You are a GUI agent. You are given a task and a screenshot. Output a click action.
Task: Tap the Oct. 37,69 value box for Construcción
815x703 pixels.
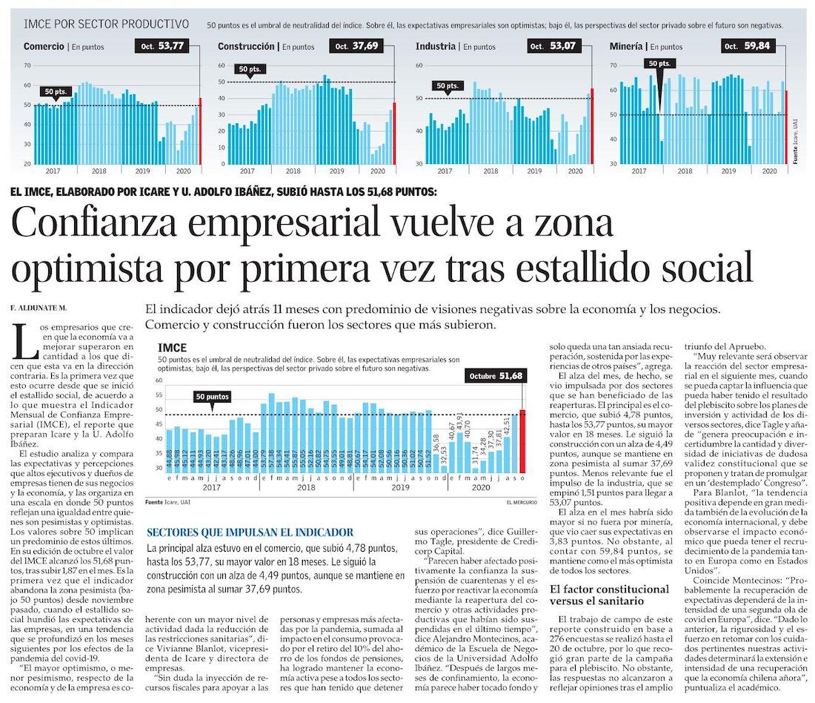click(x=358, y=46)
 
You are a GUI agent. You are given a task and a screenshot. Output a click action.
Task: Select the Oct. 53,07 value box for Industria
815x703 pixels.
click(x=553, y=46)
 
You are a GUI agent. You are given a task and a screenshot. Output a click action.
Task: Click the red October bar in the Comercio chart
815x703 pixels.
click(x=200, y=131)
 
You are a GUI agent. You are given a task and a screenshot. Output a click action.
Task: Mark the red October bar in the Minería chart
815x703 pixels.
click(x=786, y=127)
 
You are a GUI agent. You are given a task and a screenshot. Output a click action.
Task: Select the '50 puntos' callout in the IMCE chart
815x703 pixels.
click(x=212, y=397)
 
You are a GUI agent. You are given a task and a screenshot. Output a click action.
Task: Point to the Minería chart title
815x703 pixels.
click(x=627, y=46)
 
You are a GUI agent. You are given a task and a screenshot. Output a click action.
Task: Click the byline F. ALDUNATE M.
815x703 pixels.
click(x=39, y=307)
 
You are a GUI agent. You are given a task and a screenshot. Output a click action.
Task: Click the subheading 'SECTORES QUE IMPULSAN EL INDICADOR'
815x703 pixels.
click(x=250, y=532)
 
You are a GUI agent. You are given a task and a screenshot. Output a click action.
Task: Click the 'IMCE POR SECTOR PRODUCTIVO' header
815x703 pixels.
click(x=106, y=24)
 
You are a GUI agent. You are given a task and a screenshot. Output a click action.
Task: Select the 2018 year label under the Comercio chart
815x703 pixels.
click(x=99, y=171)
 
